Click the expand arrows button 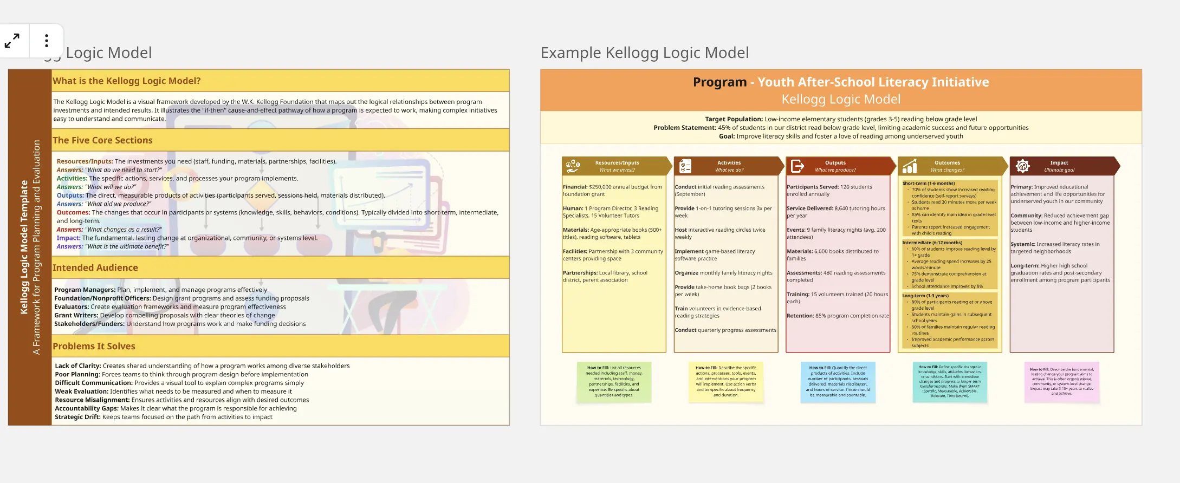pyautogui.click(x=12, y=41)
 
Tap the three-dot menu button pyautogui.click(x=47, y=41)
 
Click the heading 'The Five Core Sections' pyautogui.click(x=102, y=140)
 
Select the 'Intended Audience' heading pyautogui.click(x=95, y=267)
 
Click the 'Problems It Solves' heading pyautogui.click(x=94, y=346)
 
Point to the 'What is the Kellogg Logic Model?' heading pyautogui.click(x=126, y=81)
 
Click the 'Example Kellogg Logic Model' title pyautogui.click(x=644, y=53)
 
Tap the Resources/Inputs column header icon pyautogui.click(x=573, y=166)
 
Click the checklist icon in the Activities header pyautogui.click(x=685, y=166)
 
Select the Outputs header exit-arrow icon pyautogui.click(x=797, y=166)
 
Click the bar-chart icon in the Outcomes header pyautogui.click(x=910, y=166)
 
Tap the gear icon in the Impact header pyautogui.click(x=1022, y=166)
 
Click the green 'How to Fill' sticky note pyautogui.click(x=614, y=382)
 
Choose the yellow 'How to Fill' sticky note pyautogui.click(x=725, y=382)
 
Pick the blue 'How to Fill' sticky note pyautogui.click(x=838, y=382)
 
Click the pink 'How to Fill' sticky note pyautogui.click(x=1061, y=382)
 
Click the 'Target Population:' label pyautogui.click(x=734, y=119)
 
